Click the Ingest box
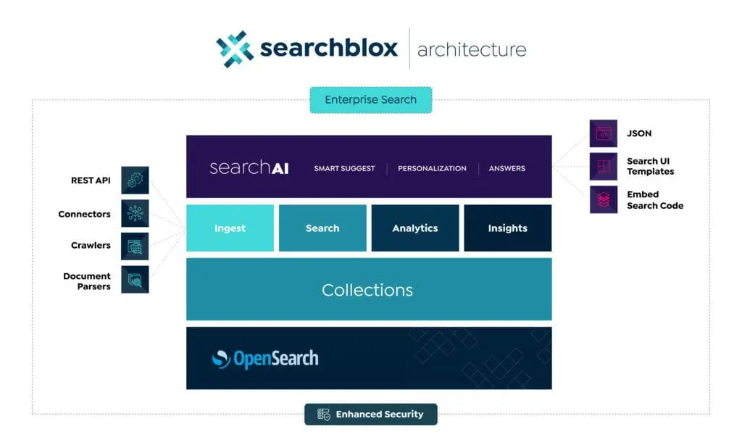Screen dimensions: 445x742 click(230, 228)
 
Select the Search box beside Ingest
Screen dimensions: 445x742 click(322, 228)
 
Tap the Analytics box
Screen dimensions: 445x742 click(415, 228)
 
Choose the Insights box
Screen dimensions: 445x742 click(507, 228)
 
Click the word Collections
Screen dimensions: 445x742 click(367, 290)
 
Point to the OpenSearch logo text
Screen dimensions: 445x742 click(275, 358)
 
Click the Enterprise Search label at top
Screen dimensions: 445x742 click(370, 100)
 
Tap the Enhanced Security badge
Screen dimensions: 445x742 click(370, 414)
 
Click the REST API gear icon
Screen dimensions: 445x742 click(135, 180)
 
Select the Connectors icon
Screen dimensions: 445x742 click(135, 214)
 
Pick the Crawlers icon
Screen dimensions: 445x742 click(135, 246)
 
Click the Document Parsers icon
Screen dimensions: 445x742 click(135, 279)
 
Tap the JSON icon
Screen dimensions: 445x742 click(603, 133)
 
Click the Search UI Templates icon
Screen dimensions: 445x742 click(603, 166)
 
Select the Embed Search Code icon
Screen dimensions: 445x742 click(603, 199)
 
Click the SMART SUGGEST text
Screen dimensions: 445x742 click(344, 168)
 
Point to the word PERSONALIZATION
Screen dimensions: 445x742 click(432, 168)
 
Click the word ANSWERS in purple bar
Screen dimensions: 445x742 click(507, 168)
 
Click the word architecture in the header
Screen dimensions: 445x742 click(472, 50)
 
